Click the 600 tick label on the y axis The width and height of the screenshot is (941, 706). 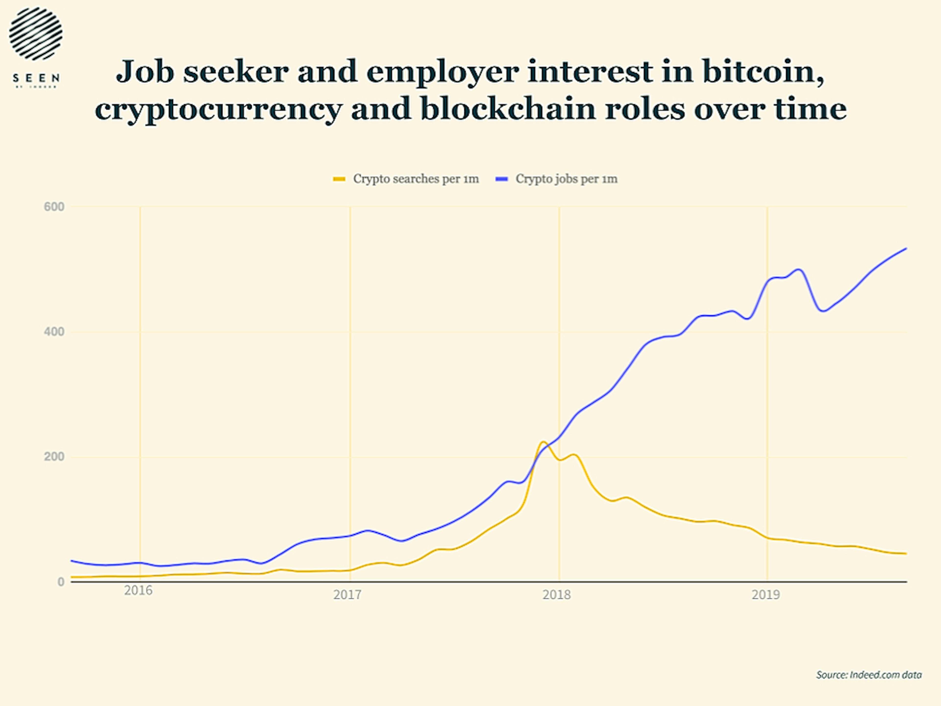pyautogui.click(x=54, y=207)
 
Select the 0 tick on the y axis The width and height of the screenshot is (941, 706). pyautogui.click(x=61, y=582)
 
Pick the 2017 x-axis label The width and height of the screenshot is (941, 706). pyautogui.click(x=347, y=595)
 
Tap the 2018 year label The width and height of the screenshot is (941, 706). pyautogui.click(x=557, y=595)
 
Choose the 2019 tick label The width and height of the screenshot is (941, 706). pyautogui.click(x=766, y=595)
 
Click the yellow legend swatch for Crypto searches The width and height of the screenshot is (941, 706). pyautogui.click(x=339, y=179)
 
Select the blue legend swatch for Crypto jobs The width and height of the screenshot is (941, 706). pyautogui.click(x=502, y=179)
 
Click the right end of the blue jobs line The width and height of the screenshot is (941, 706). pyautogui.click(x=906, y=248)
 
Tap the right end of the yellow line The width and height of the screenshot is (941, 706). pyautogui.click(x=906, y=553)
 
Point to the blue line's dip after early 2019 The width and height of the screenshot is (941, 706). pyautogui.click(x=823, y=311)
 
